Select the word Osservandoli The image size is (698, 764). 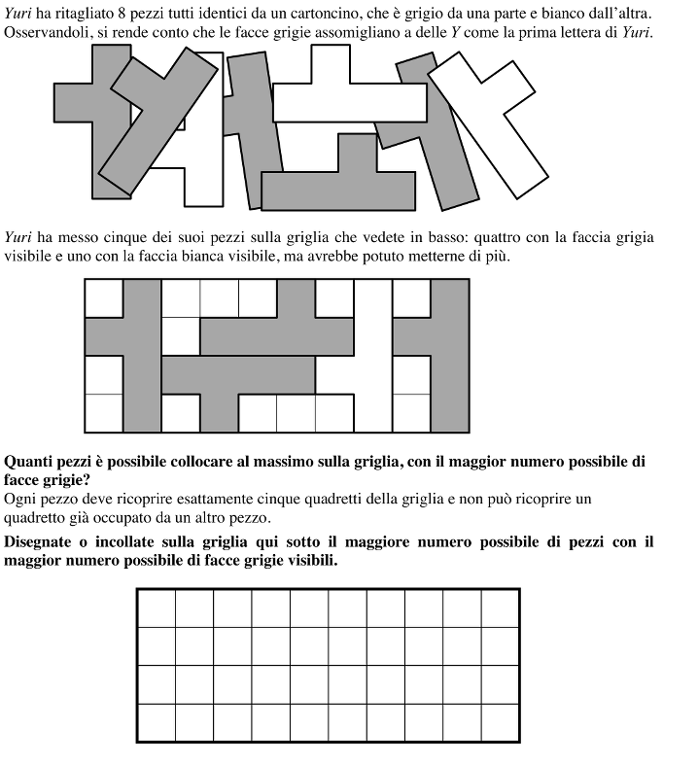tap(46, 33)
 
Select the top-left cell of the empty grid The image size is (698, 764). tap(156, 608)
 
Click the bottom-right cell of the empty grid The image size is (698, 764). tap(501, 723)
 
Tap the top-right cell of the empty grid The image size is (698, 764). tap(501, 608)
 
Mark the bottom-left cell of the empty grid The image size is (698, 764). tap(156, 723)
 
